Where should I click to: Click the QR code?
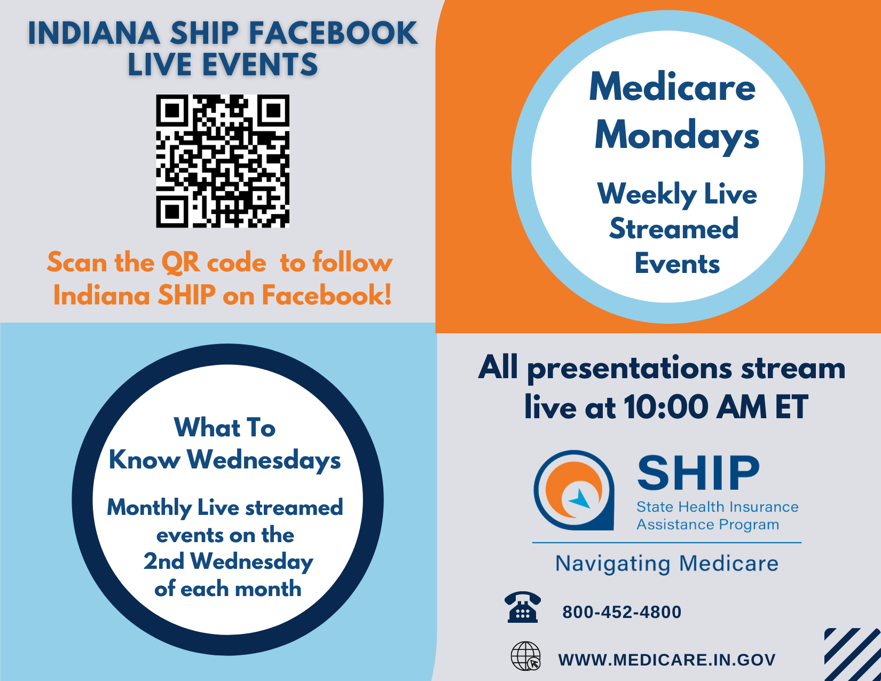click(223, 161)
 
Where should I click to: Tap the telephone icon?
click(523, 607)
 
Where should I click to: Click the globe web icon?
click(526, 656)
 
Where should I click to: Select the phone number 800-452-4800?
click(622, 612)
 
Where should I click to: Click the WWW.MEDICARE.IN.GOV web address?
click(667, 660)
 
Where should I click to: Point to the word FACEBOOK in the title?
click(333, 33)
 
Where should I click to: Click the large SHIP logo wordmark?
click(698, 473)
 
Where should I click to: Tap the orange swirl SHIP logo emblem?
click(573, 490)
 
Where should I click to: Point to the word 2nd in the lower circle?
click(163, 561)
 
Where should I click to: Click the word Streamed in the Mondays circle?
click(674, 229)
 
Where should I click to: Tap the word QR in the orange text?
click(180, 263)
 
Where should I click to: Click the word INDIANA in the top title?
click(94, 33)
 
